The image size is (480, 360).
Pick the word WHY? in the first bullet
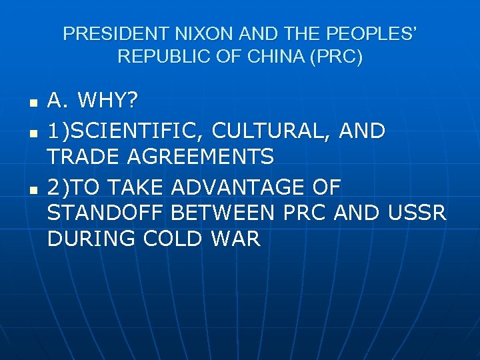tap(109, 102)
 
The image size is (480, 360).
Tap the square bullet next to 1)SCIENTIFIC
tap(33, 133)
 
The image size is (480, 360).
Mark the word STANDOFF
tap(106, 213)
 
